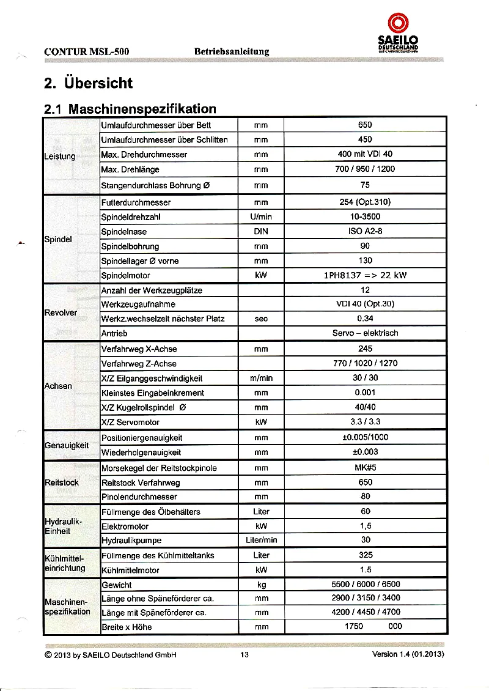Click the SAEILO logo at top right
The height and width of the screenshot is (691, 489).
pos(398,33)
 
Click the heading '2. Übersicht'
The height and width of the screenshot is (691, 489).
pos(88,83)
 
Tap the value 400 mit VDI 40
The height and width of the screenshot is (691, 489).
pos(365,154)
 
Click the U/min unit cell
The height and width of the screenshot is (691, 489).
pos(261,217)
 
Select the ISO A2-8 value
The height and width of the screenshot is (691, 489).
pos(365,232)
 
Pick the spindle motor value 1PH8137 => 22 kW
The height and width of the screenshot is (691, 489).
pos(365,275)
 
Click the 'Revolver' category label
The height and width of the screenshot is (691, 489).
pos(61,312)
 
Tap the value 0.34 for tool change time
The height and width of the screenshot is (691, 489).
pos(365,319)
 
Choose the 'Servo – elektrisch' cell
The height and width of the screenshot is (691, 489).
pos(365,333)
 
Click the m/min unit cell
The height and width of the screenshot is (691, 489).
pos(261,379)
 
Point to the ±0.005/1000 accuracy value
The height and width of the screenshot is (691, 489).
pos(365,438)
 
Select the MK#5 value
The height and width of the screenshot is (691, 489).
pos(365,468)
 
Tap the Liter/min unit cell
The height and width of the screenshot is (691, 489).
pos(261,541)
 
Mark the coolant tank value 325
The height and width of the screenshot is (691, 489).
pos(365,556)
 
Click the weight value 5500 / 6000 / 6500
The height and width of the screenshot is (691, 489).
pos(365,585)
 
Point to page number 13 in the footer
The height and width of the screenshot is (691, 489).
pos(244,654)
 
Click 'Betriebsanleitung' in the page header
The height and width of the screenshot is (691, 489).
pos(232,51)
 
